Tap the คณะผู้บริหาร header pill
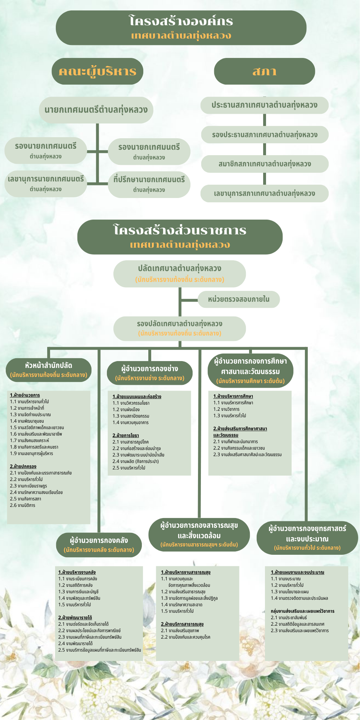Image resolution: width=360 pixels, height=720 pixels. (x=97, y=71)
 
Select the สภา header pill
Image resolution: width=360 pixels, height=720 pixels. (x=264, y=71)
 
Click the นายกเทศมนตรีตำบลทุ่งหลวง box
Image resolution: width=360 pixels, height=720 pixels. (x=96, y=110)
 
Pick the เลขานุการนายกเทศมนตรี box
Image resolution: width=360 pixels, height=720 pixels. (x=46, y=183)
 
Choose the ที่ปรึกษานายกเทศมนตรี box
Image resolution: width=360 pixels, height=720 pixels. (x=149, y=184)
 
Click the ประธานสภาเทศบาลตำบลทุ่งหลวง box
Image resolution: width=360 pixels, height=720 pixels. (x=264, y=105)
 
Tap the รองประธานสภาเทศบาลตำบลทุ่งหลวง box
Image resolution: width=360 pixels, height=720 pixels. (x=264, y=135)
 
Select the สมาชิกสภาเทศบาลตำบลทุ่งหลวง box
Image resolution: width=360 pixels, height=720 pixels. (x=264, y=164)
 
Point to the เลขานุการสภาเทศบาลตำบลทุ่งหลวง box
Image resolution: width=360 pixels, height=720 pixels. (x=264, y=194)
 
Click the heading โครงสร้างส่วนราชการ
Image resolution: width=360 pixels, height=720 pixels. (x=180, y=231)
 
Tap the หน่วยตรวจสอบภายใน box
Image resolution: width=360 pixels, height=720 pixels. (x=238, y=299)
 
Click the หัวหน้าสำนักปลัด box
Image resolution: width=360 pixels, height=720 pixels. (x=49, y=370)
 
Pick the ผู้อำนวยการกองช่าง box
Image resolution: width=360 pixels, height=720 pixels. (x=149, y=373)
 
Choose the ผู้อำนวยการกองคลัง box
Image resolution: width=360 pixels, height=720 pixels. (x=99, y=544)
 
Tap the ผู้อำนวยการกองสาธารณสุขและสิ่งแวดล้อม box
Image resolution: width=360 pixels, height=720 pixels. (x=199, y=535)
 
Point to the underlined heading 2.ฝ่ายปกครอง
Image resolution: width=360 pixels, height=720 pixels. (x=23, y=467)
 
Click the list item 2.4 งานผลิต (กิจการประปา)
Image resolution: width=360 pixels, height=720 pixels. (x=135, y=462)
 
